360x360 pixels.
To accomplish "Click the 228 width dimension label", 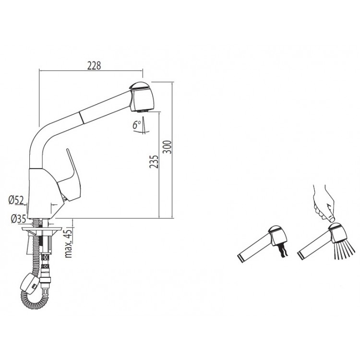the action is point(94,66).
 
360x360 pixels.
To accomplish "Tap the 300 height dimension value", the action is point(168,147).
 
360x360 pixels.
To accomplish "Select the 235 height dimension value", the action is point(154,162).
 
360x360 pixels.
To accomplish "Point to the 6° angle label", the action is point(137,125).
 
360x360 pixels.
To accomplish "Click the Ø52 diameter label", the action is point(16,200).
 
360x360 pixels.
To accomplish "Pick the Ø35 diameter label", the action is point(18,219).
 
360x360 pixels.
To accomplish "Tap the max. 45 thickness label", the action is point(69,243).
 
